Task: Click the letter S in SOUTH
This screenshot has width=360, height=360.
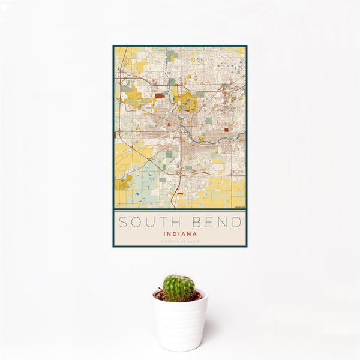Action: coord(122,222)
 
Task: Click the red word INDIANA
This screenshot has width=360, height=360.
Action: coord(179,235)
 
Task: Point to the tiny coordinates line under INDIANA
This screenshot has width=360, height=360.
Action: coord(179,242)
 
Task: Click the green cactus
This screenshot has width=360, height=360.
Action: coord(179,288)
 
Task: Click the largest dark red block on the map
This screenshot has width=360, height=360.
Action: coord(160,95)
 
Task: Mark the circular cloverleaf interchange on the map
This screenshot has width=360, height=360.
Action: coord(119,131)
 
